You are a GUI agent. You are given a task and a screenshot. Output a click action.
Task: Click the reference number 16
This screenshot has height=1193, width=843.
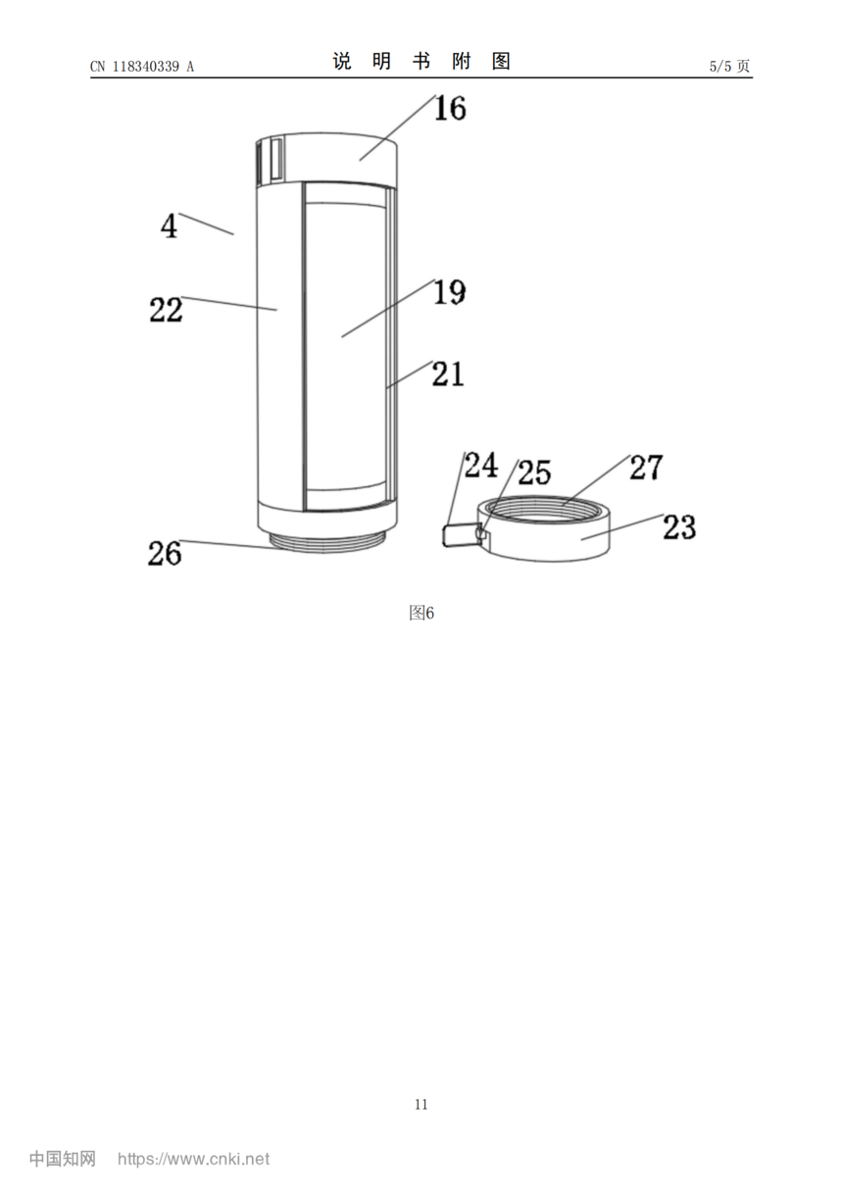tap(450, 108)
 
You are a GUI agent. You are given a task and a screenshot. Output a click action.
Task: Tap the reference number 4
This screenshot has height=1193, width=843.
tap(169, 225)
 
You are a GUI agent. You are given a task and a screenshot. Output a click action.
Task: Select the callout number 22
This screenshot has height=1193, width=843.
tap(167, 310)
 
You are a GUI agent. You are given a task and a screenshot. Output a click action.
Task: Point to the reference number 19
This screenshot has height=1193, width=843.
tap(450, 292)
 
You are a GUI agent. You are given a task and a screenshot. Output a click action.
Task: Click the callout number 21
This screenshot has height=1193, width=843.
tap(448, 373)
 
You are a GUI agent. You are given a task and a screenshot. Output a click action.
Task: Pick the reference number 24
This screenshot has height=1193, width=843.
tap(481, 465)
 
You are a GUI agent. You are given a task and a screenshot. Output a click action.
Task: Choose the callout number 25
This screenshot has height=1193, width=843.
tap(534, 472)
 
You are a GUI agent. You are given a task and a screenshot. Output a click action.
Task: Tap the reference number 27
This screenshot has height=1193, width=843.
tap(647, 467)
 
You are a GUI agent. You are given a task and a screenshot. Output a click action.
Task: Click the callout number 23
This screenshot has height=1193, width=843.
tap(679, 527)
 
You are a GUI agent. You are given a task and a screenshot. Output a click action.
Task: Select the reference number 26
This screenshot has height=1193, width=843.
tap(165, 553)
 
